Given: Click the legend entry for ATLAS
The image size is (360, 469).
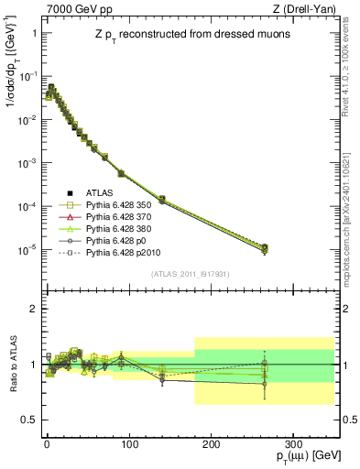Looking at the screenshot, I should (107, 193).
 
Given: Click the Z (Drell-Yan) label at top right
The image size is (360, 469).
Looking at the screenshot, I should (309, 8).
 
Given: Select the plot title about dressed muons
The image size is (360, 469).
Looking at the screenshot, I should (182, 34).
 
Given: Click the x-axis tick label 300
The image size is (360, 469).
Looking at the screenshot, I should (292, 443).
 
